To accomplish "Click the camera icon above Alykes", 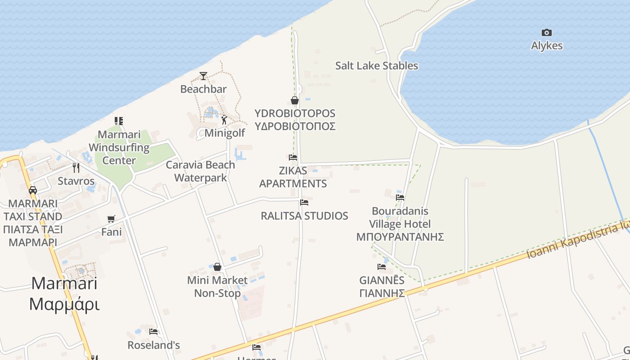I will click(x=547, y=32).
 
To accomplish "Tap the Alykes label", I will click(x=547, y=45).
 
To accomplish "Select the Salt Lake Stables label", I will click(x=377, y=66).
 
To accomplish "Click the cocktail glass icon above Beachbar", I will click(x=203, y=76).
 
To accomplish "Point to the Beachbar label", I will click(x=203, y=89).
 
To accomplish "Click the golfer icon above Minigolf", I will click(x=224, y=120).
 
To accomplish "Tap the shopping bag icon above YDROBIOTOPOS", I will click(x=295, y=100).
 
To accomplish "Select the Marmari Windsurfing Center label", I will click(x=119, y=147).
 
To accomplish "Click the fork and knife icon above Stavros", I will click(x=76, y=168).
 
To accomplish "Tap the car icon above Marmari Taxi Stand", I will click(x=33, y=190).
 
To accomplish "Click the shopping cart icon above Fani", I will click(x=111, y=219).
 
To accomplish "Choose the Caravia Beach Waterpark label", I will click(x=200, y=171).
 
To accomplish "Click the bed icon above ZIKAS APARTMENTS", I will click(x=293, y=157).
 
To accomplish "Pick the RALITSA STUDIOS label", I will click(x=305, y=216).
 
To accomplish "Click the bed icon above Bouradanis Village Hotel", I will click(x=400, y=197).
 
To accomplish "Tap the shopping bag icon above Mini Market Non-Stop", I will click(x=217, y=267).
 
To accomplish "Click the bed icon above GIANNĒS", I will click(x=382, y=266).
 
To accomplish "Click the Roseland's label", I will click(x=154, y=345).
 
